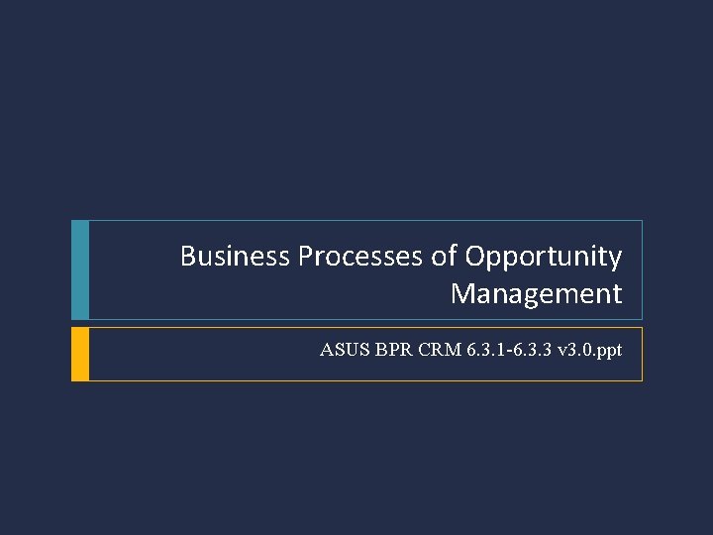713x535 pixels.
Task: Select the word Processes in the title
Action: (x=361, y=257)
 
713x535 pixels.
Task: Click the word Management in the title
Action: (x=537, y=294)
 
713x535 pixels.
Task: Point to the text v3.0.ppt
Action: (x=585, y=350)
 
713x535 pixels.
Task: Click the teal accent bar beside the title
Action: (x=80, y=269)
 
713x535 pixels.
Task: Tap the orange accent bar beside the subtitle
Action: (x=80, y=354)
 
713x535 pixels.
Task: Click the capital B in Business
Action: (x=188, y=257)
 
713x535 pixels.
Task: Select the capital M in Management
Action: (x=462, y=294)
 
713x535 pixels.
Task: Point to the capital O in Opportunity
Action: (x=475, y=257)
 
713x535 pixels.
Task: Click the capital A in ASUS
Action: (x=327, y=350)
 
